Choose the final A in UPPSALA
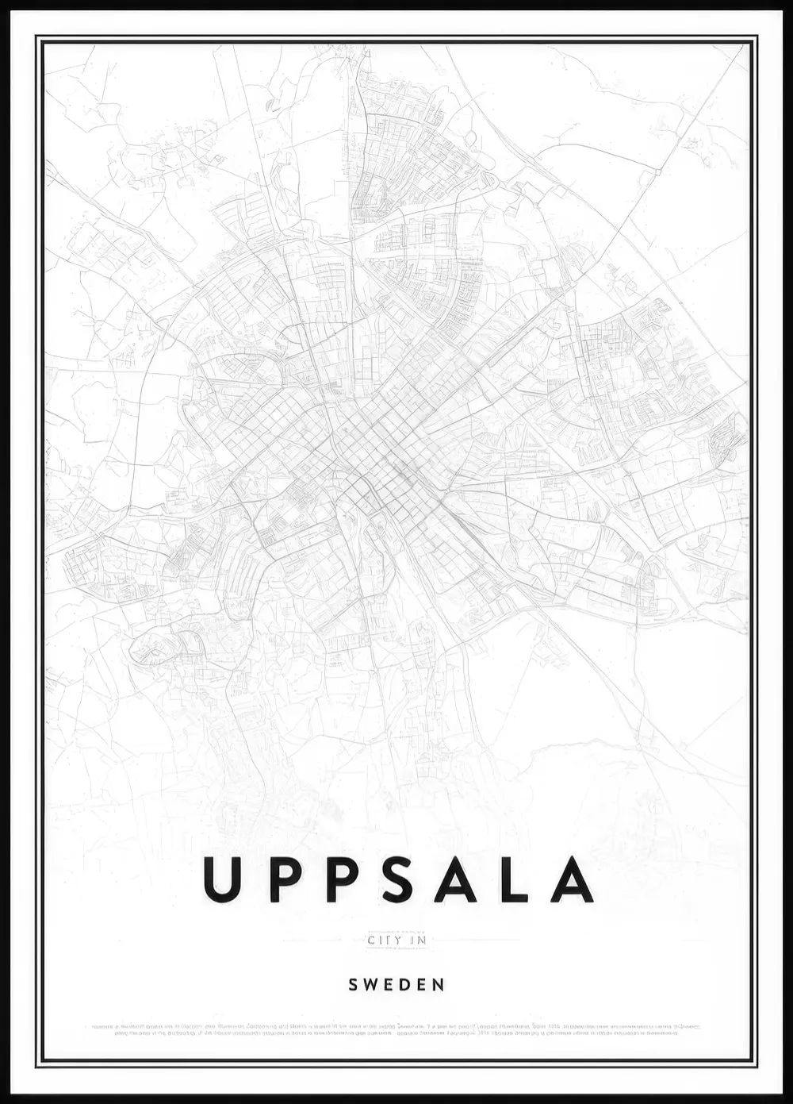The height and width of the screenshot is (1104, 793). pos(571,879)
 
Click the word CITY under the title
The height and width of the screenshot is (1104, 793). pos(382,941)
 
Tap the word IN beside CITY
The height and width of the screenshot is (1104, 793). pos(418,941)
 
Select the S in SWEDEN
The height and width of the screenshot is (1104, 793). pos(354,985)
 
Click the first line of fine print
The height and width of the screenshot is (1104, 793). pos(396,1026)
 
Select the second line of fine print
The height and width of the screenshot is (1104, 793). pos(396,1033)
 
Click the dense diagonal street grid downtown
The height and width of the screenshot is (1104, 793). pos(381,444)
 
